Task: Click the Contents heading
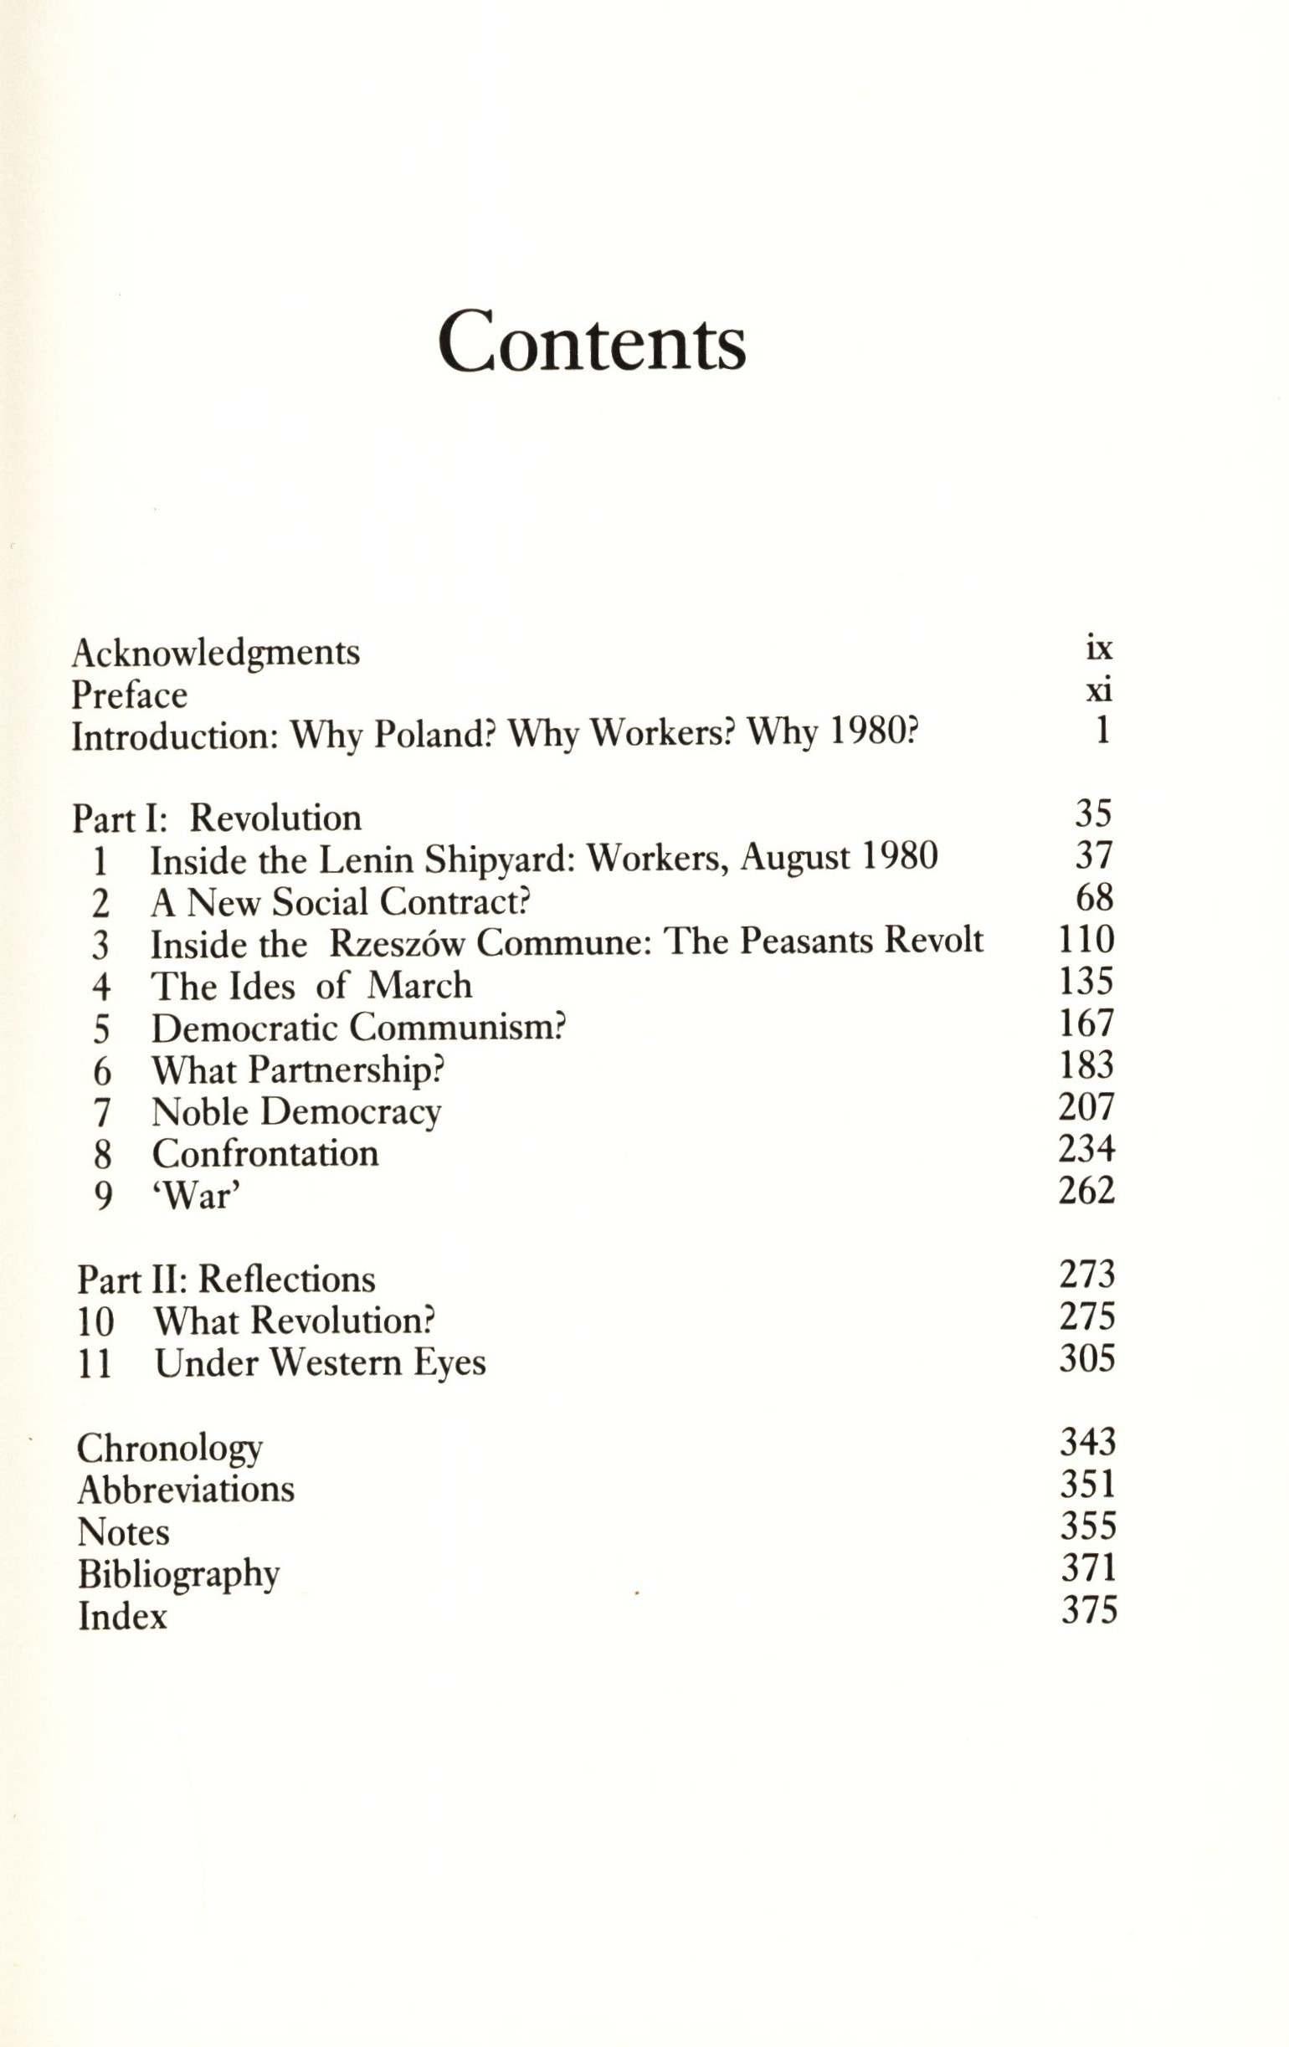click(592, 341)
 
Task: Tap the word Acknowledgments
click(216, 653)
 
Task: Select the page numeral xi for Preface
click(1098, 691)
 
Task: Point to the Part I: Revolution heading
click(217, 818)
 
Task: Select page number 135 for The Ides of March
click(1086, 982)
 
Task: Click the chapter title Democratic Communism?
click(359, 1028)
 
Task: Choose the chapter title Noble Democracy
click(296, 1112)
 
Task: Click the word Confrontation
click(265, 1153)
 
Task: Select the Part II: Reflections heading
click(226, 1280)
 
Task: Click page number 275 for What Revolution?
click(1086, 1316)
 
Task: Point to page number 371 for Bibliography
click(1088, 1568)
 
